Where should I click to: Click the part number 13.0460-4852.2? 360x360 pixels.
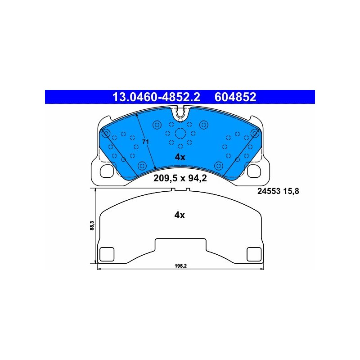(156, 97)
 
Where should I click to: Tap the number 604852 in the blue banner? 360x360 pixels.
(235, 97)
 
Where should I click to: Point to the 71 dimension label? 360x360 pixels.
(145, 142)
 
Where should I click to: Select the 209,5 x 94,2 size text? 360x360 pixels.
(180, 178)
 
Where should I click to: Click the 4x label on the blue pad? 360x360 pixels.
(180, 157)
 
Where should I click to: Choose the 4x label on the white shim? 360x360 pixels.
(180, 215)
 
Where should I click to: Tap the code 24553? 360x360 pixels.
(269, 191)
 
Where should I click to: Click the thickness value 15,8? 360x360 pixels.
(291, 191)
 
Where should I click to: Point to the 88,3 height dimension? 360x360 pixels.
(92, 225)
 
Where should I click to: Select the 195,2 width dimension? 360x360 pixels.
(181, 266)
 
